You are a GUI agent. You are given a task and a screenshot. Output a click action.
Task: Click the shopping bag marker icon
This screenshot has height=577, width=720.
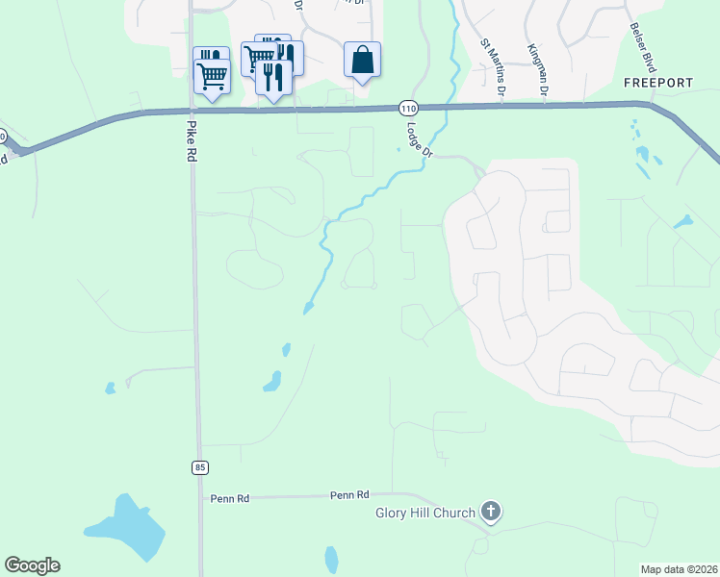362,61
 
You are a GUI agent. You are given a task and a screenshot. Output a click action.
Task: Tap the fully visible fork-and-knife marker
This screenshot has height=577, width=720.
273,76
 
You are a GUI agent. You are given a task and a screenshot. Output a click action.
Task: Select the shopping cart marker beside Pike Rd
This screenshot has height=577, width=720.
212,75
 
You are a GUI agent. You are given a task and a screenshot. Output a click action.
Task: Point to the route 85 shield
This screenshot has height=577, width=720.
199,467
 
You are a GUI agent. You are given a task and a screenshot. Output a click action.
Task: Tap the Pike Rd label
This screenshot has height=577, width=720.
190,140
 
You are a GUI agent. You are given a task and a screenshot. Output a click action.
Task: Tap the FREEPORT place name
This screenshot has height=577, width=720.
657,84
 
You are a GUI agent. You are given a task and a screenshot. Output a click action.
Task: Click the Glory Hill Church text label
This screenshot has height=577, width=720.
424,513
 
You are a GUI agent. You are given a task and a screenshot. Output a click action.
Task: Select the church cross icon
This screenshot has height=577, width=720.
491,512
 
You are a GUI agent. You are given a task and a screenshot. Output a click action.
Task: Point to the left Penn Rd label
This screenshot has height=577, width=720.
230,498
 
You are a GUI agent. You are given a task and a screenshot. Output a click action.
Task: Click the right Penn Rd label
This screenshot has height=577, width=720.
349,495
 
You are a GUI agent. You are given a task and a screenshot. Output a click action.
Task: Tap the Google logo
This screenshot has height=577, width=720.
32,565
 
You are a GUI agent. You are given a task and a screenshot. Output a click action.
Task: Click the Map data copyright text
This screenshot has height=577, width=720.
678,568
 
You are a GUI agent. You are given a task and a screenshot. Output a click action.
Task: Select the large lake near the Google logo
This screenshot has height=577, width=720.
127,528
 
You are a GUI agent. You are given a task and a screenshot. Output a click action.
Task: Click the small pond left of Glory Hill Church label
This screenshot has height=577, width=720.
332,559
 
